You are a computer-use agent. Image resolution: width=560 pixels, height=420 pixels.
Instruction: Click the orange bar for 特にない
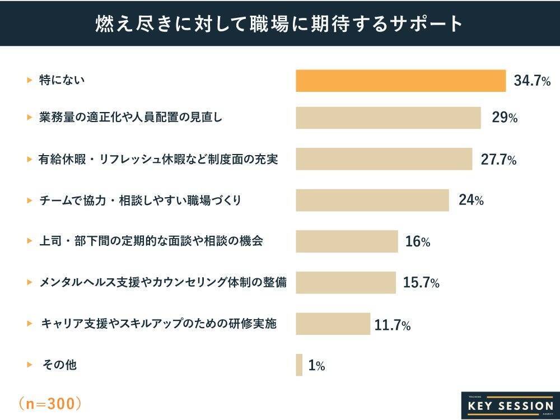pyautogui.click(x=400, y=81)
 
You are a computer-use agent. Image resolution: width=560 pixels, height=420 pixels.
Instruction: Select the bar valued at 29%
pyautogui.click(x=388, y=118)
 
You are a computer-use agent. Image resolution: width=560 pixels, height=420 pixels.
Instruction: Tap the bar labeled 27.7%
pyautogui.click(x=384, y=159)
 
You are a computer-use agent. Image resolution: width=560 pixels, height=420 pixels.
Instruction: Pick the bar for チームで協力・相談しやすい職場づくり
pyautogui.click(x=372, y=200)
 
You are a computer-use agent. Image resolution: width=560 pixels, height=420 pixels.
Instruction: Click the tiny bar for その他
pyautogui.click(x=299, y=365)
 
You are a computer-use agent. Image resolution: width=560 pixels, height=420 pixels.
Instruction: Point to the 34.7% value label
pyautogui.click(x=532, y=82)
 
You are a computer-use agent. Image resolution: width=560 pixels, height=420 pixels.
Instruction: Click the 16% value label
pyautogui.click(x=418, y=242)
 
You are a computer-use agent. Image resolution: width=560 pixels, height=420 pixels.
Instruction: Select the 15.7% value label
pyautogui.click(x=421, y=283)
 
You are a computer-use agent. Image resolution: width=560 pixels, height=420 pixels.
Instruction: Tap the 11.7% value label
pyautogui.click(x=393, y=325)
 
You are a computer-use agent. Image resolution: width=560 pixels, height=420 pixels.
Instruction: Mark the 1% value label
pyautogui.click(x=316, y=366)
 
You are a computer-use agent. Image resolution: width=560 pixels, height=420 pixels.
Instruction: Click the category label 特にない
pyautogui.click(x=62, y=81)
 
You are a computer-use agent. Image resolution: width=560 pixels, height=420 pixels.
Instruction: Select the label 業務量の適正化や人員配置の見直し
pyautogui.click(x=130, y=118)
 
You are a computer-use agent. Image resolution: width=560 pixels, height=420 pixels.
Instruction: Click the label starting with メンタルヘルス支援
pyautogui.click(x=163, y=283)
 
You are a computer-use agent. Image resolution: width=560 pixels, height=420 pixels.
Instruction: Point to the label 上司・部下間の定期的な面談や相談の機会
pyautogui.click(x=151, y=241)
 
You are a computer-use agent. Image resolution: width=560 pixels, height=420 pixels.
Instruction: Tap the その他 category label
pyautogui.click(x=60, y=365)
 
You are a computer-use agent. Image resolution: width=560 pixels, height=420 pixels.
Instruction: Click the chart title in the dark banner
pyautogui.click(x=279, y=24)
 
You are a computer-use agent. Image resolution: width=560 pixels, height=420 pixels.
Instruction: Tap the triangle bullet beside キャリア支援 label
pyautogui.click(x=30, y=324)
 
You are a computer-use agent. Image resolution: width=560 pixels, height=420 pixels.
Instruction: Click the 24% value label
pyautogui.click(x=471, y=200)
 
